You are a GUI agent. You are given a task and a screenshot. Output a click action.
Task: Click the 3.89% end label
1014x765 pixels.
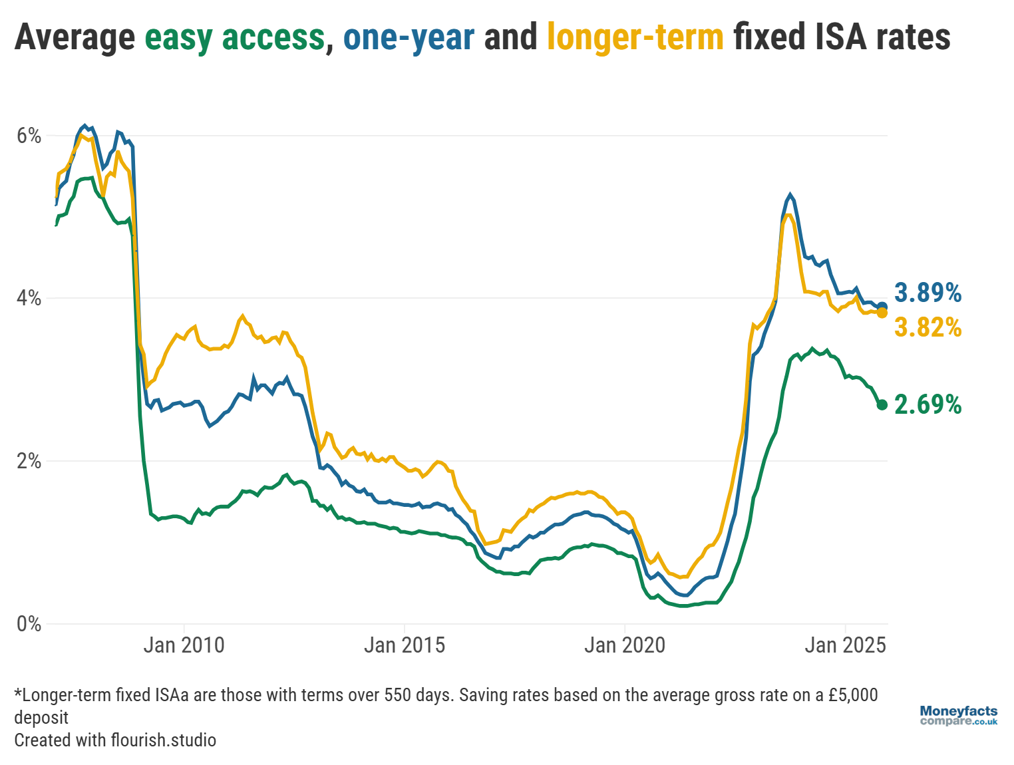928,293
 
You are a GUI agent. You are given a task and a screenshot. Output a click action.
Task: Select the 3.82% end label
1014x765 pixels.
928,327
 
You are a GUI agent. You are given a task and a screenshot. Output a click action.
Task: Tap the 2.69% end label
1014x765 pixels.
928,404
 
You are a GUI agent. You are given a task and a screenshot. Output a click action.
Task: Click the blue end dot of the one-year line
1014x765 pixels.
882,307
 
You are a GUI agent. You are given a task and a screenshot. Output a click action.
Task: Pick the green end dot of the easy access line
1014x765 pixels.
882,404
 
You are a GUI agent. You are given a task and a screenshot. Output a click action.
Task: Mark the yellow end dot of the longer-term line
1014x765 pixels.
882,313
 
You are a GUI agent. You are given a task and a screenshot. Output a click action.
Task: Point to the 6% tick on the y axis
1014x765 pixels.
29,136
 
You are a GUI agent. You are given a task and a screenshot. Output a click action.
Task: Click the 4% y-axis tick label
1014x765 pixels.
29,298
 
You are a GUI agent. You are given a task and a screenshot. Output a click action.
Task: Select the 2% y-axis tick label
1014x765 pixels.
29,461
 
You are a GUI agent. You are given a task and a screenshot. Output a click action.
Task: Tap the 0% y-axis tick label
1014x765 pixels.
29,624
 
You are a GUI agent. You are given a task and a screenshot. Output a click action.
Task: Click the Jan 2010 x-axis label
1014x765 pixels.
184,645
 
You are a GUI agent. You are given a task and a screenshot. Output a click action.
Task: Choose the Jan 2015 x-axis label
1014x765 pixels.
404,645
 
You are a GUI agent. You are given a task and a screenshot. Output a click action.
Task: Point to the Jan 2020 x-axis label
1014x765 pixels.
624,645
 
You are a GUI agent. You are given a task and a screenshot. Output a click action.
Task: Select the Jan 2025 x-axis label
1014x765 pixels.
845,645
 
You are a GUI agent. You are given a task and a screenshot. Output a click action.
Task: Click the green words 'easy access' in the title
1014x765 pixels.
235,37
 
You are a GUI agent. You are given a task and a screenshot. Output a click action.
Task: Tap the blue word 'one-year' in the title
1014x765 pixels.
409,37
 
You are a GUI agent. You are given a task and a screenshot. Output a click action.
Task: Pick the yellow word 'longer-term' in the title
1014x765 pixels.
635,37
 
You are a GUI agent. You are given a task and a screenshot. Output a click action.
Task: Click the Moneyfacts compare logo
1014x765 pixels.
958,716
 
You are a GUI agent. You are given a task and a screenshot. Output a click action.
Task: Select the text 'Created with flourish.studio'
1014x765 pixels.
115,740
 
